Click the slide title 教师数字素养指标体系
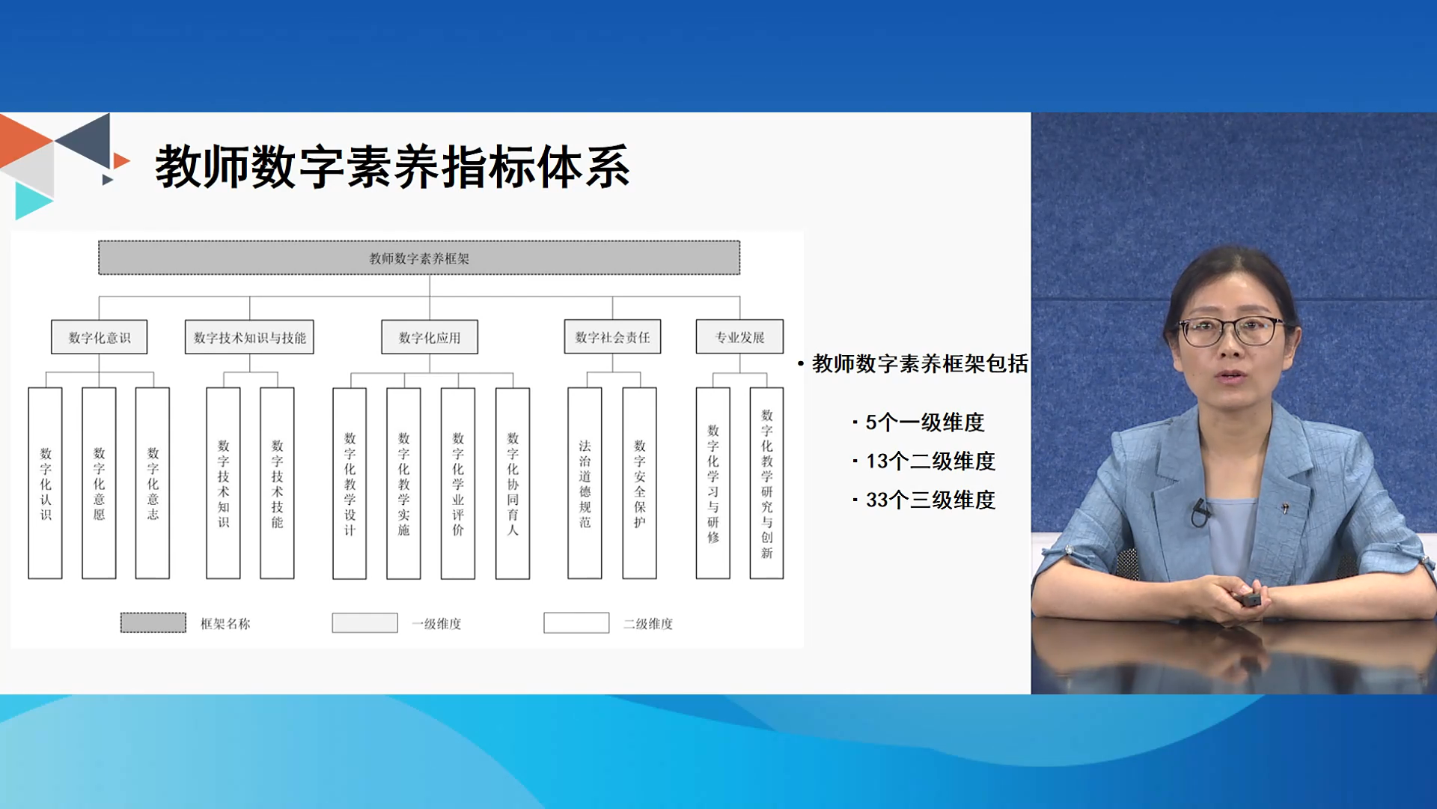392,167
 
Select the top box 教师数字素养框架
419,258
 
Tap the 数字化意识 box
99,337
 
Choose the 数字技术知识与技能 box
249,337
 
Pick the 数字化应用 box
430,337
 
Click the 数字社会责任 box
612,337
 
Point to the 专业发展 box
739,337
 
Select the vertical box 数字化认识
45,483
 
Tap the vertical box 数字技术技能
277,483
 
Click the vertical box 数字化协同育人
513,483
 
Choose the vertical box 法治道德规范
585,483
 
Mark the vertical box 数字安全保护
639,483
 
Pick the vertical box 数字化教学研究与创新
766,483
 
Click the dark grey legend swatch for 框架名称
153,622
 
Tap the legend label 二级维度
648,623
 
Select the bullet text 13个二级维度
930,461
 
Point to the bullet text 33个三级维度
930,500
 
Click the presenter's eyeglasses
1230,330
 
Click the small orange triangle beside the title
120,160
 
